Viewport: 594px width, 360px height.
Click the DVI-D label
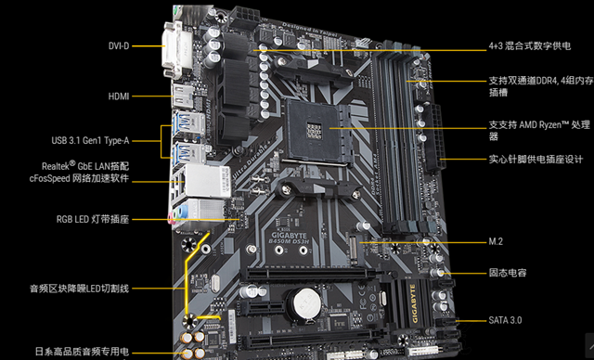pyautogui.click(x=119, y=44)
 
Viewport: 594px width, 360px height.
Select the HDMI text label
pyautogui.click(x=119, y=96)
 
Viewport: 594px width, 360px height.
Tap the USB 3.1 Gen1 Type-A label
pyautogui.click(x=91, y=141)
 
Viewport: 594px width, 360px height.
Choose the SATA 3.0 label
pyautogui.click(x=506, y=320)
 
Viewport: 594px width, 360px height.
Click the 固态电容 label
pyautogui.click(x=510, y=274)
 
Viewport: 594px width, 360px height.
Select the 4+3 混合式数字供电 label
pyautogui.click(x=528, y=45)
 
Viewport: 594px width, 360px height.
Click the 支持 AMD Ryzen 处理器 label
pyautogui.click(x=538, y=130)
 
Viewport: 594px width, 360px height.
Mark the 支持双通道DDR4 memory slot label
pyautogui.click(x=538, y=87)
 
